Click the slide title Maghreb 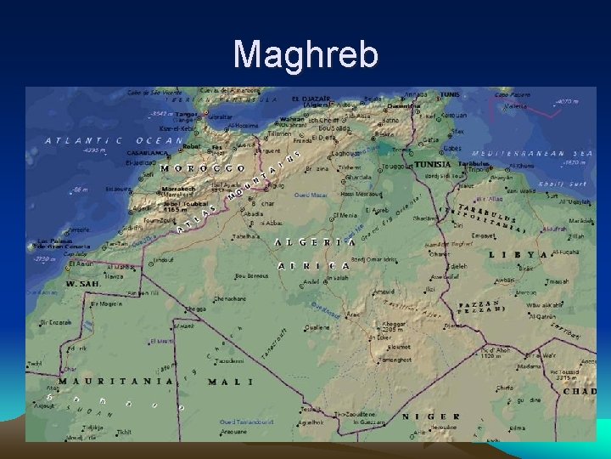click(x=305, y=55)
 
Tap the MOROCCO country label click(x=204, y=167)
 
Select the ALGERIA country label click(x=315, y=242)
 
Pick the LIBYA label click(x=519, y=254)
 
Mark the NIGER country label click(x=430, y=416)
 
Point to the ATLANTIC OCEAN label click(x=114, y=140)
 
